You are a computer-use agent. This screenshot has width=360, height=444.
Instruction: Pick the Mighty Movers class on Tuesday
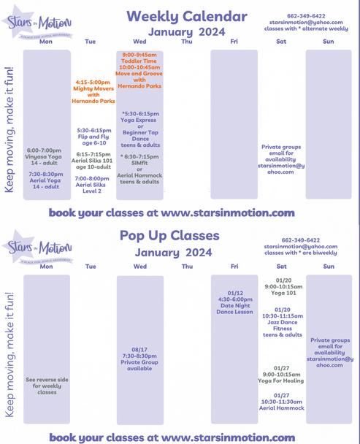pos(93,89)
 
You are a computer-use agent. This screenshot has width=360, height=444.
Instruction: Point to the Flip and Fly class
pos(93,137)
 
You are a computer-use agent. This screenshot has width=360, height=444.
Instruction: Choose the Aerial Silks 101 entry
pos(93,161)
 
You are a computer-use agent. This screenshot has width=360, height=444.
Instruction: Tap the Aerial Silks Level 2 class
pos(93,185)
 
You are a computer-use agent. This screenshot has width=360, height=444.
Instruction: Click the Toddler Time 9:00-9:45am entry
pos(139,58)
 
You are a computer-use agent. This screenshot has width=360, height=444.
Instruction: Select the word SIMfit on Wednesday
pos(139,162)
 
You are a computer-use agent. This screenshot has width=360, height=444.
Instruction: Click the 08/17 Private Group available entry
pos(139,359)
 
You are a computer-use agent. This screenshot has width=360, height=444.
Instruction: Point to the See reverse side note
pos(47,386)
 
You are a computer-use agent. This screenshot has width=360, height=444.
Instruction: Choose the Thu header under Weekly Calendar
pos(186,42)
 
